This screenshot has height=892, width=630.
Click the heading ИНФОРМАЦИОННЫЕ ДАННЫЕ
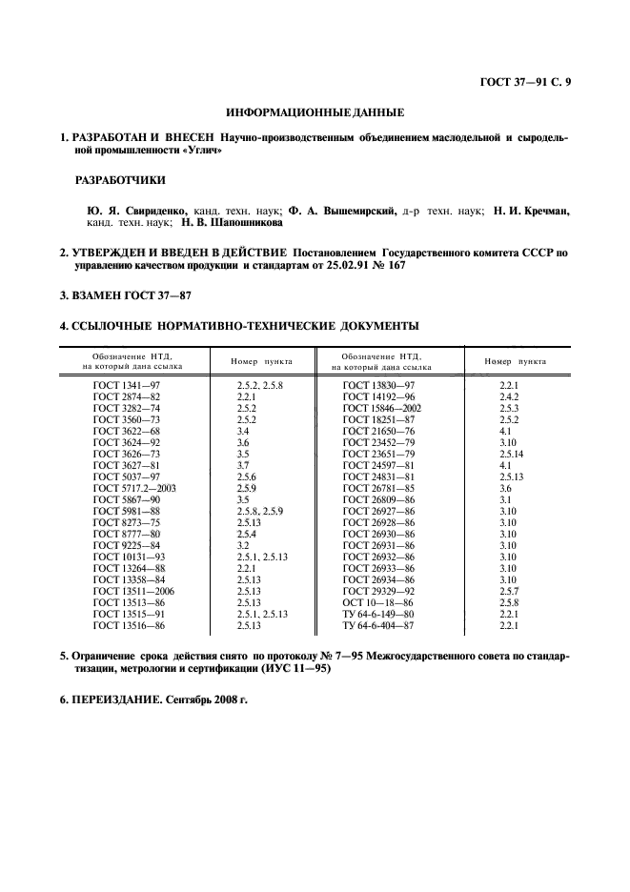tap(315, 112)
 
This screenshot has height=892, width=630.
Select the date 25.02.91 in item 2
tap(348, 267)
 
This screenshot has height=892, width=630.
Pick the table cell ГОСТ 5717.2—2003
tap(133, 488)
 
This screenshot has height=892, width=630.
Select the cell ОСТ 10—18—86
tap(376, 603)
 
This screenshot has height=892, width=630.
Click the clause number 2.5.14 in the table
tap(513, 454)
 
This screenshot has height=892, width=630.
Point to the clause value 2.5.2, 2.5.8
tap(260, 384)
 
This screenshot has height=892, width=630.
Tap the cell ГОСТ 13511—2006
tap(133, 592)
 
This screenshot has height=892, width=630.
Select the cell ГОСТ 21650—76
tap(376, 430)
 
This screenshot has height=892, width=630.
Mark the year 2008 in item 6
tap(218, 699)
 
